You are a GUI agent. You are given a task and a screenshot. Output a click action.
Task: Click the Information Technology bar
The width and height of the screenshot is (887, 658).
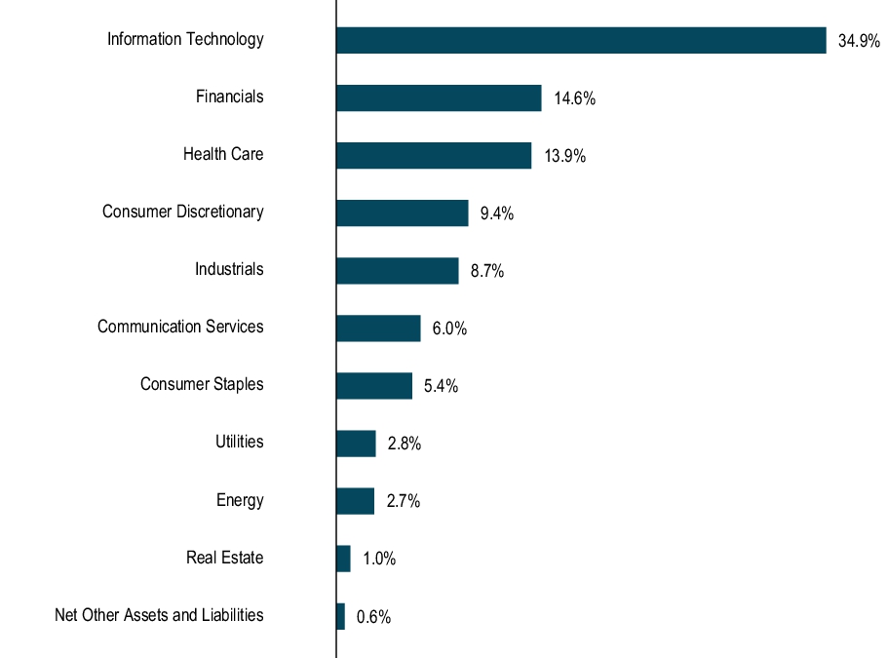click(581, 40)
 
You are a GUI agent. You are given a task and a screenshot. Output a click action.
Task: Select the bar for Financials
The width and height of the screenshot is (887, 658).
click(439, 97)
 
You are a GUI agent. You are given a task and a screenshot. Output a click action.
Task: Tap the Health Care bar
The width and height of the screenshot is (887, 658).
click(434, 155)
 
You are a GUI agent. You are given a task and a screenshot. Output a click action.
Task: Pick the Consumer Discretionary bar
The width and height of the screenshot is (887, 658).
click(402, 213)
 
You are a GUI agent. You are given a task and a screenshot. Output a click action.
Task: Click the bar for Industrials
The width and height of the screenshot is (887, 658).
click(397, 270)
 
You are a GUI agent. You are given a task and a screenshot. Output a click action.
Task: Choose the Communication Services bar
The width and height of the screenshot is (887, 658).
click(378, 328)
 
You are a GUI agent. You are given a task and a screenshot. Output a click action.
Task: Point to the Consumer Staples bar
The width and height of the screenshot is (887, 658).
click(374, 385)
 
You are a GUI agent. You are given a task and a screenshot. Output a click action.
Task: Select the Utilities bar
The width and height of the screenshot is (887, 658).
click(356, 444)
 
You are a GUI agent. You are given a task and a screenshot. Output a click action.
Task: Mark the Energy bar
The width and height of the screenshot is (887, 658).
click(355, 501)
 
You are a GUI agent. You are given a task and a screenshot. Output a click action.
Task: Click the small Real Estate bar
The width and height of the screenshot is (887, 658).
click(343, 559)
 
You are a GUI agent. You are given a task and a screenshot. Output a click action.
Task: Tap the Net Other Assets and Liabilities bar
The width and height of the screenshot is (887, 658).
click(340, 616)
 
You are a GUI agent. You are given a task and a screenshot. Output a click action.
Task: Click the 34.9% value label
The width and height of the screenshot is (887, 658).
click(859, 41)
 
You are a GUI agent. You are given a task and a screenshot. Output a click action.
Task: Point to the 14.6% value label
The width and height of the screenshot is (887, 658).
click(574, 98)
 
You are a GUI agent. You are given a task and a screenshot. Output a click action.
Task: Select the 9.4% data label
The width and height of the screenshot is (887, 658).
click(496, 213)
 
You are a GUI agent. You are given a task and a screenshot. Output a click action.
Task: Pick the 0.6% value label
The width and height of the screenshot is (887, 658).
click(373, 617)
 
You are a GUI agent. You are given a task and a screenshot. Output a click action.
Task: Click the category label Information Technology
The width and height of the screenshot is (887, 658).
click(185, 40)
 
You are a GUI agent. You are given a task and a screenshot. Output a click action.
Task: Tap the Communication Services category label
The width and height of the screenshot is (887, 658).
click(180, 328)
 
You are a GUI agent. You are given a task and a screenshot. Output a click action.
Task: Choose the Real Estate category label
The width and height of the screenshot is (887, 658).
click(224, 559)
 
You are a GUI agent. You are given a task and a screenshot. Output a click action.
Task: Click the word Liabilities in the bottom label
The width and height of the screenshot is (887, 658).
click(232, 615)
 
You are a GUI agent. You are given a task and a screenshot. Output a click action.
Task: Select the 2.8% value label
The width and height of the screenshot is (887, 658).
click(404, 444)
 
